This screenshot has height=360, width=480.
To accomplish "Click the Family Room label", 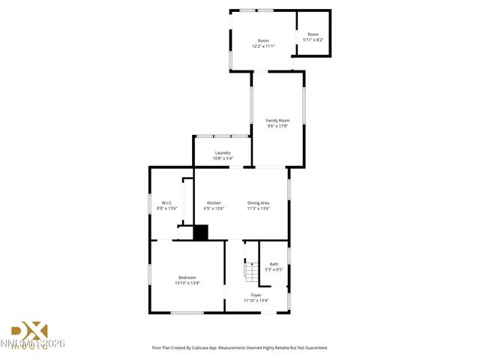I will (x=277, y=120).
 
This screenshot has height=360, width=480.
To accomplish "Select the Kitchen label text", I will (x=214, y=202).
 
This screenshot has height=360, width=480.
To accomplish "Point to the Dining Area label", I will (x=259, y=202).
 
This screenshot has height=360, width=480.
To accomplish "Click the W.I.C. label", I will (x=169, y=202).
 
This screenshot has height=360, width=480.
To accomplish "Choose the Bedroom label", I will (x=187, y=277).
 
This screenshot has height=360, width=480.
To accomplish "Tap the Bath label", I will (x=274, y=263).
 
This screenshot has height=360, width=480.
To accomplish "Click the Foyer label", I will (x=256, y=295).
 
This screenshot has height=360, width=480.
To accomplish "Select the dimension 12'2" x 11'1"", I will (x=263, y=46).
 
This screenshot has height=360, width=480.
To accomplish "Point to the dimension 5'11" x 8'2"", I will (x=313, y=40).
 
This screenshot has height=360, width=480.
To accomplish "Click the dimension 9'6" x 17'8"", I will (x=277, y=126).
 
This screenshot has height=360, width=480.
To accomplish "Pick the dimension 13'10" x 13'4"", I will (x=187, y=283).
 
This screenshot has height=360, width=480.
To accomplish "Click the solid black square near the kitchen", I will (x=200, y=233).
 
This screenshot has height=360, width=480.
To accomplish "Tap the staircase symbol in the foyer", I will (x=250, y=268).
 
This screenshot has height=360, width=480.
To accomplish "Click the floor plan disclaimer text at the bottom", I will (x=240, y=347).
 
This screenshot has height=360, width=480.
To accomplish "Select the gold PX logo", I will (x=29, y=331).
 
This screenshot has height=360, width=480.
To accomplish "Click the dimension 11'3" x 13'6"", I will (x=259, y=208).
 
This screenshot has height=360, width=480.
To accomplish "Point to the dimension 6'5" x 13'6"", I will (x=214, y=208).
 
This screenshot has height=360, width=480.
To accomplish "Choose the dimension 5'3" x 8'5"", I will (x=274, y=268).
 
